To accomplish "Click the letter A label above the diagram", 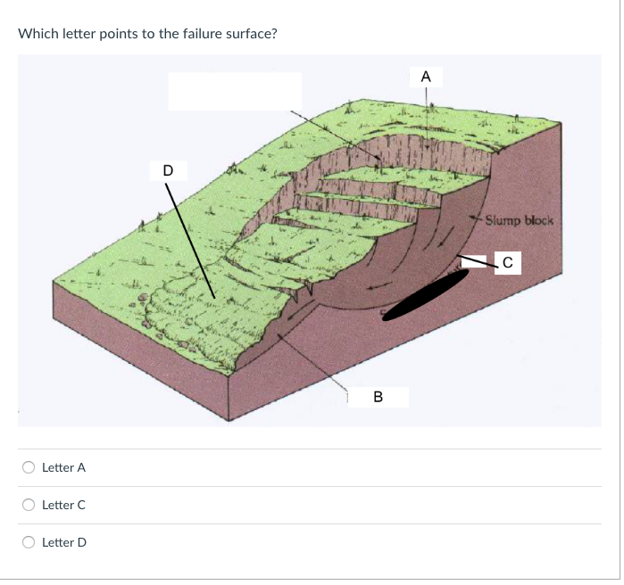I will point(426,78).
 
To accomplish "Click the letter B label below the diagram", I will point(378,396).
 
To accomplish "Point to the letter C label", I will point(507,262).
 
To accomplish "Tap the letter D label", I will point(169,169).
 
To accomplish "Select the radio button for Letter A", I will point(29,466).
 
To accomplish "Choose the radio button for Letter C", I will point(29,504).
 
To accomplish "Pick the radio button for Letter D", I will point(29,541).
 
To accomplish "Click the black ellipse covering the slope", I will point(427,292).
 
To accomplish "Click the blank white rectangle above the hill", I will point(235,91).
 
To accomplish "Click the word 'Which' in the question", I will point(37,34).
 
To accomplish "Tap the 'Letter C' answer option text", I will point(63,505).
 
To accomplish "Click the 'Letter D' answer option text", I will point(63,542).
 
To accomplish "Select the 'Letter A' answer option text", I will point(63,467).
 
